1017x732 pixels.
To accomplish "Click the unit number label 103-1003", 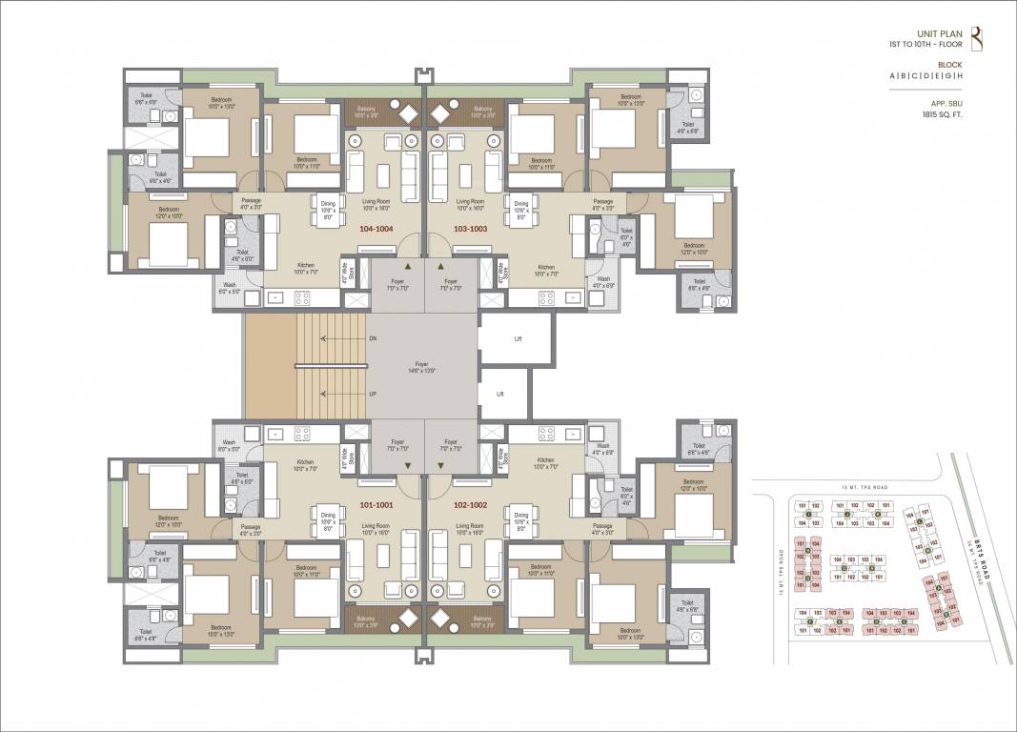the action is click(x=471, y=231).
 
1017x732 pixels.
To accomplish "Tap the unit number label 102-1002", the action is click(x=471, y=505).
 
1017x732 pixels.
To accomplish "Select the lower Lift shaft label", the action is click(x=499, y=393).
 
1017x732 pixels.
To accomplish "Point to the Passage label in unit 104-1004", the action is click(x=251, y=202).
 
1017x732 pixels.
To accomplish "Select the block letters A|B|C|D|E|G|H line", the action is click(x=927, y=75).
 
